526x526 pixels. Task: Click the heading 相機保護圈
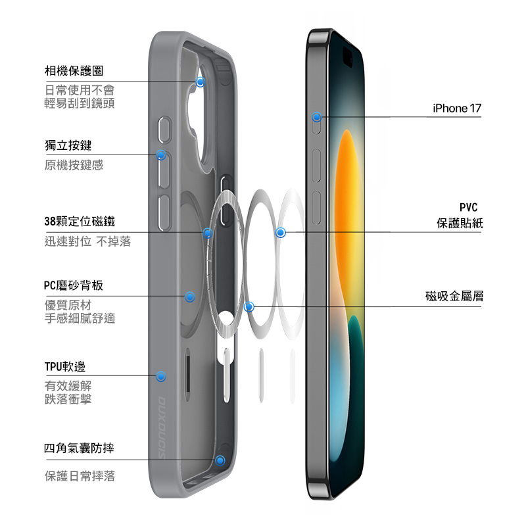74,70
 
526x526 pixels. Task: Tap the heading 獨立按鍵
68,144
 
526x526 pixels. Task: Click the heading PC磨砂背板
74,285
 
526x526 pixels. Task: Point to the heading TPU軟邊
65,366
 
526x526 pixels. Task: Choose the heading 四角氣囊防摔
80,448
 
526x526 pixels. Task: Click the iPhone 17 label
457,108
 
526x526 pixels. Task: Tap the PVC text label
468,208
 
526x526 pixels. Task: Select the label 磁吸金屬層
454,297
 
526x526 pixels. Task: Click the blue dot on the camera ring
201,82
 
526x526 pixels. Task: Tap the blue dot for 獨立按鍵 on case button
161,155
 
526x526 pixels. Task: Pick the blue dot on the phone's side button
317,117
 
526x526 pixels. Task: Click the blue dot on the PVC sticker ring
281,232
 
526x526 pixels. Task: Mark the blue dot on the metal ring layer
249,306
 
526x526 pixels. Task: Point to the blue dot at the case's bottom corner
220,460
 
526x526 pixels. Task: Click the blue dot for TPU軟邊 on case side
160,377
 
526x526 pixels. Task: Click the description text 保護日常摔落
80,476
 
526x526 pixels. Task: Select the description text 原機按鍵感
74,165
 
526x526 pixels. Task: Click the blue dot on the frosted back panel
190,297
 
